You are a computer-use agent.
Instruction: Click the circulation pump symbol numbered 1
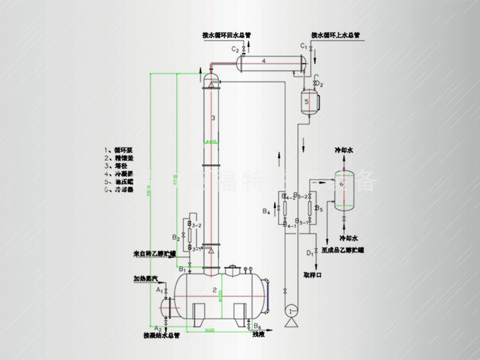click(x=291, y=311)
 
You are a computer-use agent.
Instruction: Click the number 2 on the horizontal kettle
click(x=215, y=290)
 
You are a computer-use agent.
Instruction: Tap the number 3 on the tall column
click(x=212, y=117)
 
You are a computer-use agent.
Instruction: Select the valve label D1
click(x=310, y=253)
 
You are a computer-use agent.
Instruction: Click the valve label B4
click(x=266, y=212)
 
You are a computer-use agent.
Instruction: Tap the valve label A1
click(x=159, y=291)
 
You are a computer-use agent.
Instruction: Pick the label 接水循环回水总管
click(x=227, y=35)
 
